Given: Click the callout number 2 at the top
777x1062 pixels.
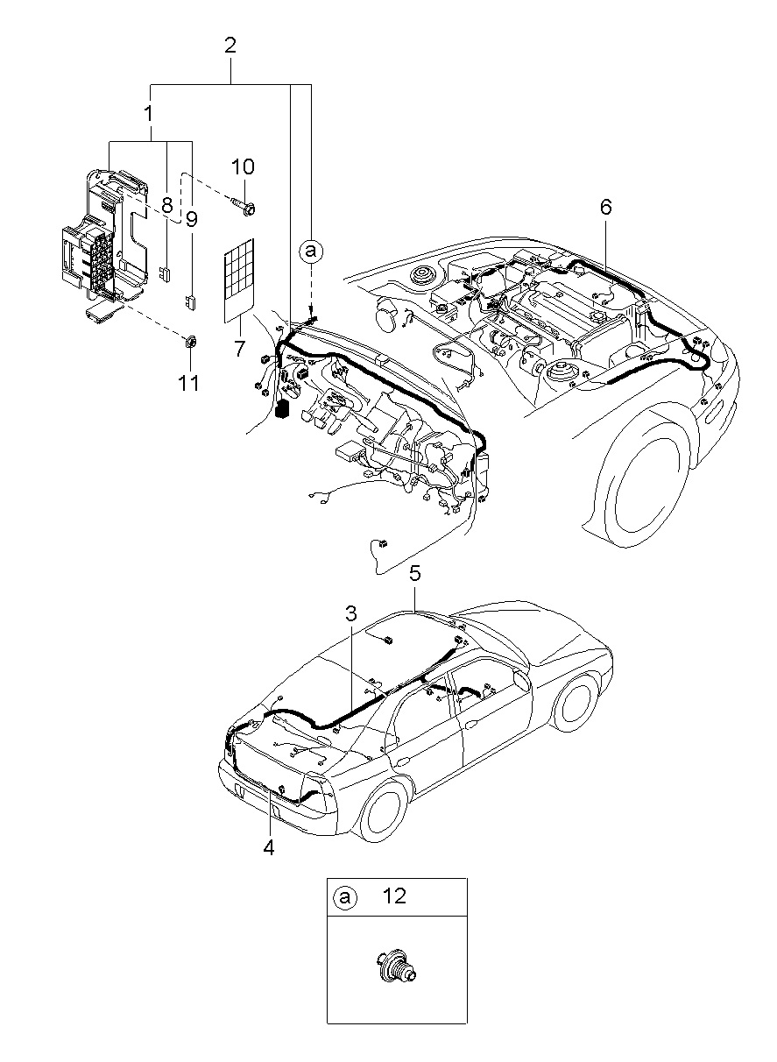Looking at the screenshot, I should coord(230,46).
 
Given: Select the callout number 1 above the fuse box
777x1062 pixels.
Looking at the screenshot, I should coord(149,113).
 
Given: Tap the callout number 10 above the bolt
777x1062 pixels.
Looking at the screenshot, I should coord(243,166).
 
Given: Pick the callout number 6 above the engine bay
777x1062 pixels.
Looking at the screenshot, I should coord(605,208).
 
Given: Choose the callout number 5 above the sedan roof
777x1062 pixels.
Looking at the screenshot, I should coord(415,573).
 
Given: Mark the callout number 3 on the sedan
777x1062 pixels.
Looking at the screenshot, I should coord(350,615).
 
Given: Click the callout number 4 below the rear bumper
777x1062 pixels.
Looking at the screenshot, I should coord(269,847).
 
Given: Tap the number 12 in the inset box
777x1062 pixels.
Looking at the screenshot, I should coord(394,896).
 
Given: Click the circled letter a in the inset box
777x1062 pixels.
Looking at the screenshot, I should coord(345,897).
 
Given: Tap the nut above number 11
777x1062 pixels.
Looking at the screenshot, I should coord(189,342).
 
